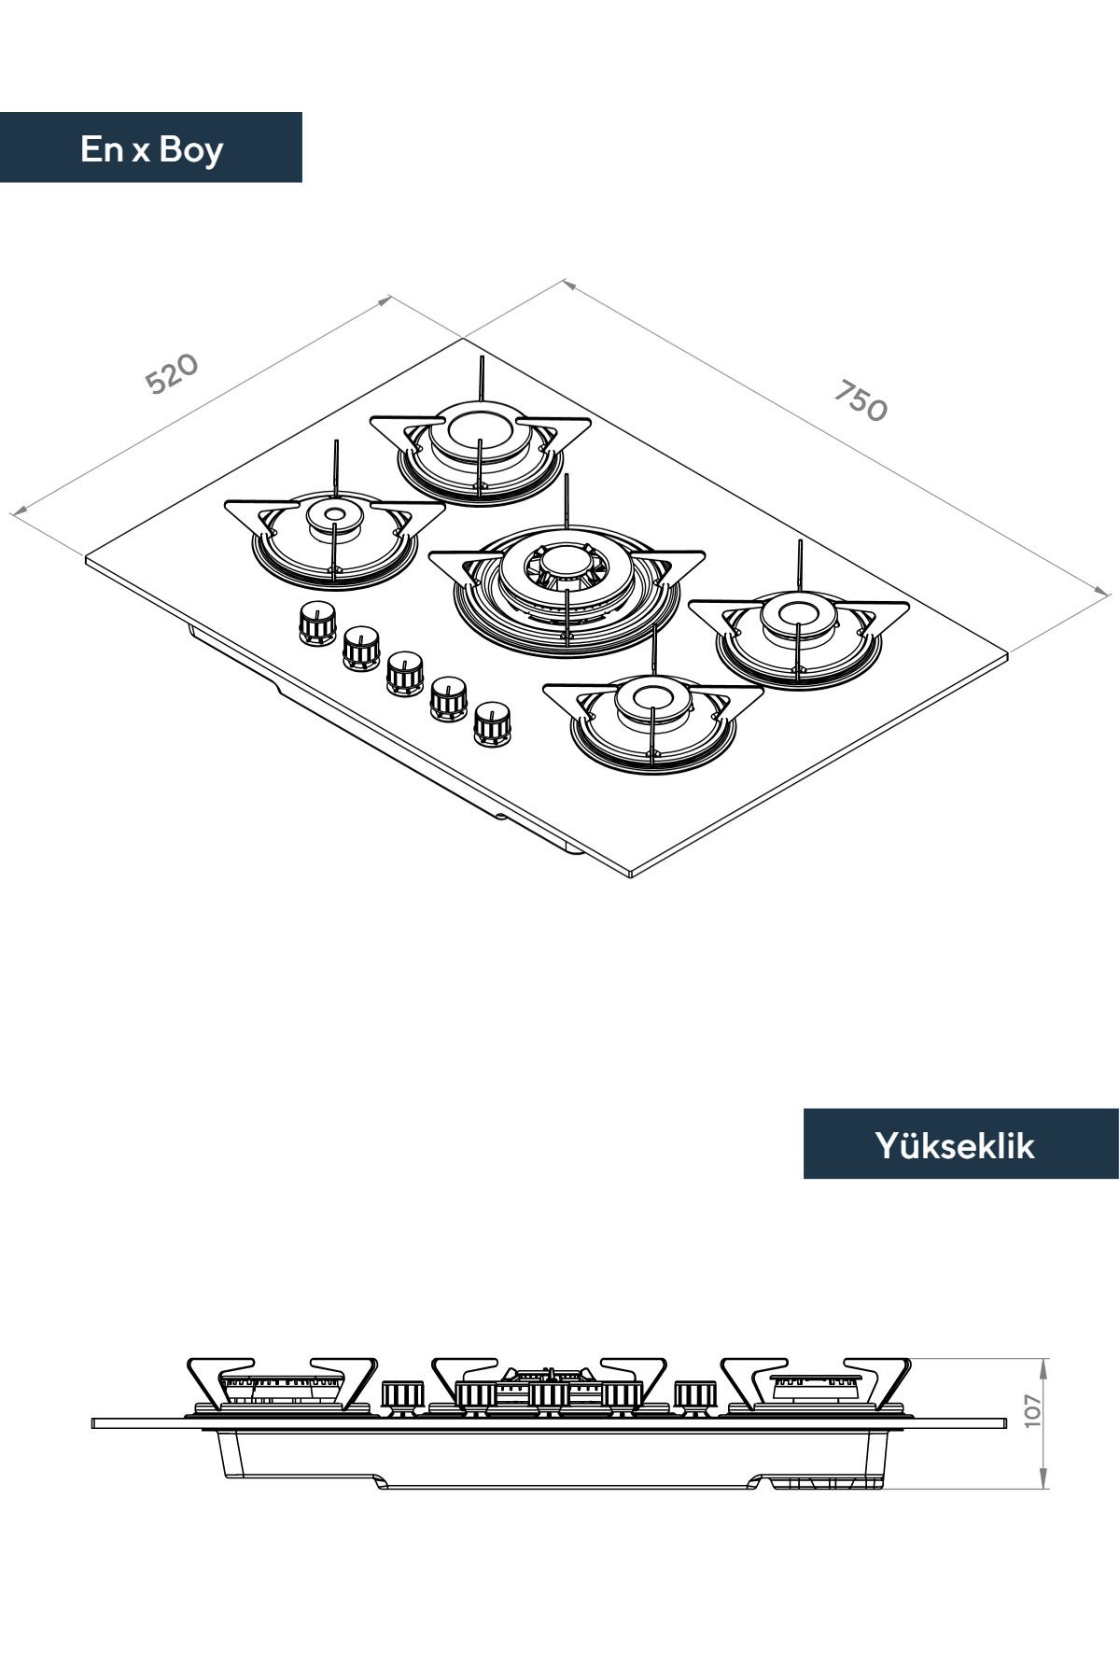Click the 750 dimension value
click(x=860, y=400)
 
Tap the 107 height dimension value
click(x=1030, y=1410)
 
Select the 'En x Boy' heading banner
click(x=151, y=147)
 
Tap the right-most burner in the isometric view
click(x=799, y=631)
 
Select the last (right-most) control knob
click(x=491, y=724)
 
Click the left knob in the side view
click(x=403, y=1395)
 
